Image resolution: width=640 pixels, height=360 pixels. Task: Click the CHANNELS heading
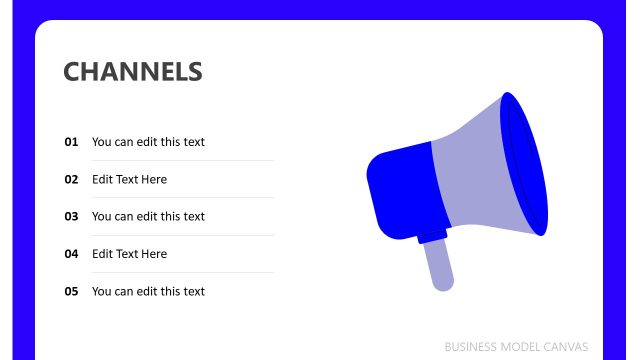coord(133,72)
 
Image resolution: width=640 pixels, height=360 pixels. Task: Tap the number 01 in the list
coord(71,142)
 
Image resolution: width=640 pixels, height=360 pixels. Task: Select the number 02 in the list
coord(71,180)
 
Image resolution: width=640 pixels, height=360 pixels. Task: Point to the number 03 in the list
coord(71,216)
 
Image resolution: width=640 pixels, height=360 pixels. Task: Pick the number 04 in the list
coord(71,254)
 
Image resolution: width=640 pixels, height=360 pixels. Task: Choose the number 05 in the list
coord(71,291)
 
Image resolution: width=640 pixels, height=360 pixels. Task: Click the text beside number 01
coord(148,142)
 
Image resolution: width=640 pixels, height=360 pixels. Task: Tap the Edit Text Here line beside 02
coord(129,180)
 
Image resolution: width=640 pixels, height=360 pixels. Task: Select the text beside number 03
coord(148,216)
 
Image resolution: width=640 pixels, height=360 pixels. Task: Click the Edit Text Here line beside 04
coord(129,254)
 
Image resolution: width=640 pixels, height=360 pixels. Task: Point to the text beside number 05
coord(148,291)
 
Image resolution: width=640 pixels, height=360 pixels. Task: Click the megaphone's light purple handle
coord(440,266)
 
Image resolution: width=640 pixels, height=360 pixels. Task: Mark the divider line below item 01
coord(182,160)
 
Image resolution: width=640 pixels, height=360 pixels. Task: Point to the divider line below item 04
coord(182,272)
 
